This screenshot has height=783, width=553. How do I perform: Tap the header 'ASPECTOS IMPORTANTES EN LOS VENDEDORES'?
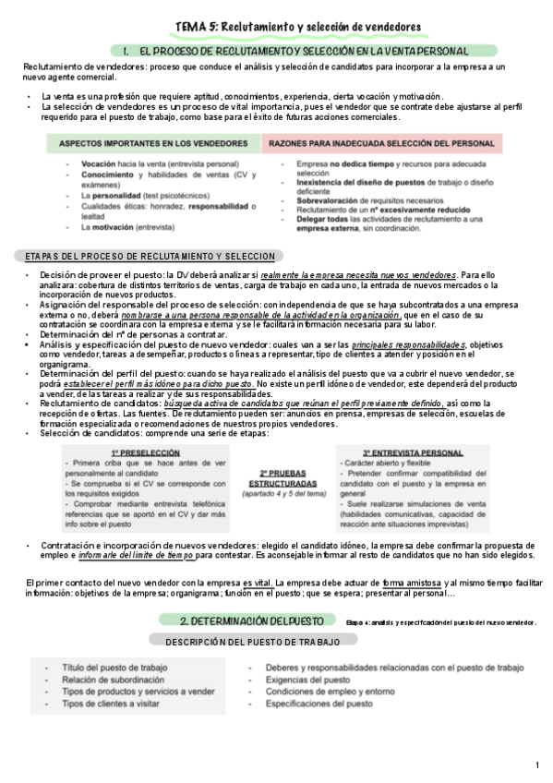(151, 146)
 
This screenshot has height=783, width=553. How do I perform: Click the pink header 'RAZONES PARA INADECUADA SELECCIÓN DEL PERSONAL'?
(383, 146)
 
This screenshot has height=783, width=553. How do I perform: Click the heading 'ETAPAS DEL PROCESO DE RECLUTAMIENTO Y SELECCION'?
(150, 256)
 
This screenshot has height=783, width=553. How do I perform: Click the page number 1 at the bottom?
(537, 766)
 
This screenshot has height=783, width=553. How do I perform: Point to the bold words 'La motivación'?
(112, 225)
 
